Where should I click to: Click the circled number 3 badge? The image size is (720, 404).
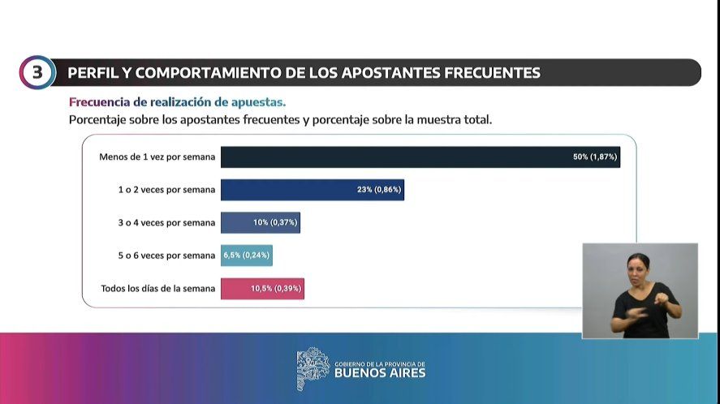tap(37, 72)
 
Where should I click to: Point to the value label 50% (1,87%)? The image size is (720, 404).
tap(595, 157)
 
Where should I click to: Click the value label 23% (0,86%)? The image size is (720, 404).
tap(378, 190)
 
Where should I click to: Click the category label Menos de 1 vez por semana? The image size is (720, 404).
tap(157, 157)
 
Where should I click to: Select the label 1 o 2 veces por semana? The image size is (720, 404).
tap(166, 190)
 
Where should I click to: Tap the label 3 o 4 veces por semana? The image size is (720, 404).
tap(166, 222)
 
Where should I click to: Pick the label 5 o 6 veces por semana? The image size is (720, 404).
tap(166, 255)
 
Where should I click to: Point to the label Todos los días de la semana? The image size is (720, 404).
tap(157, 288)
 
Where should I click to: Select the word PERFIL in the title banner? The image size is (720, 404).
tap(92, 73)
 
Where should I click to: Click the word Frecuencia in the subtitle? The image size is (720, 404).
tap(97, 102)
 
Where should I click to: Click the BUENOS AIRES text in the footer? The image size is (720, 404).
tap(379, 373)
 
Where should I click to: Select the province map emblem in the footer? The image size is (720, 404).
tap(313, 369)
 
